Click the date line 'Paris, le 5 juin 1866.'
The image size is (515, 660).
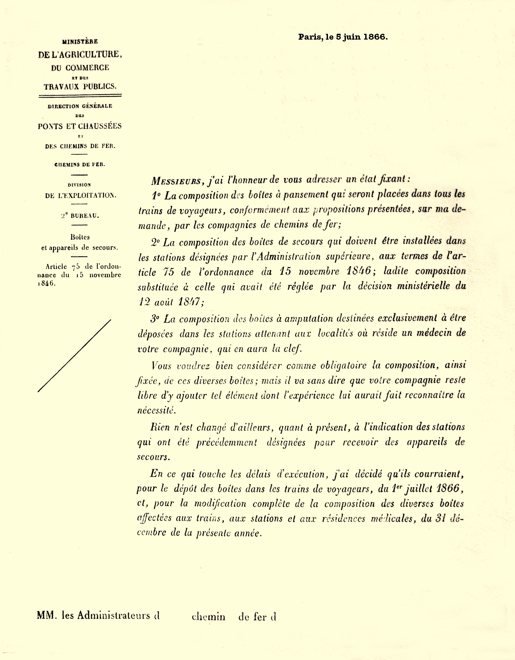point(343,37)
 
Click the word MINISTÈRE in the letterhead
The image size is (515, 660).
point(80,42)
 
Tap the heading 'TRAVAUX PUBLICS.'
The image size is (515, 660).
point(80,87)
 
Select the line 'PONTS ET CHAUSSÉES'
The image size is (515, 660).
point(80,126)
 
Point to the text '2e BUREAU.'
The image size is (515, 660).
point(80,216)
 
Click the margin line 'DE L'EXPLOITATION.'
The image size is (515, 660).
point(80,195)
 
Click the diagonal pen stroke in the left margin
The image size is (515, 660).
point(74,355)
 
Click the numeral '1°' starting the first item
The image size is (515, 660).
point(156,196)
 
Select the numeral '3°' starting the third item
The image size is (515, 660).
point(155,319)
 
